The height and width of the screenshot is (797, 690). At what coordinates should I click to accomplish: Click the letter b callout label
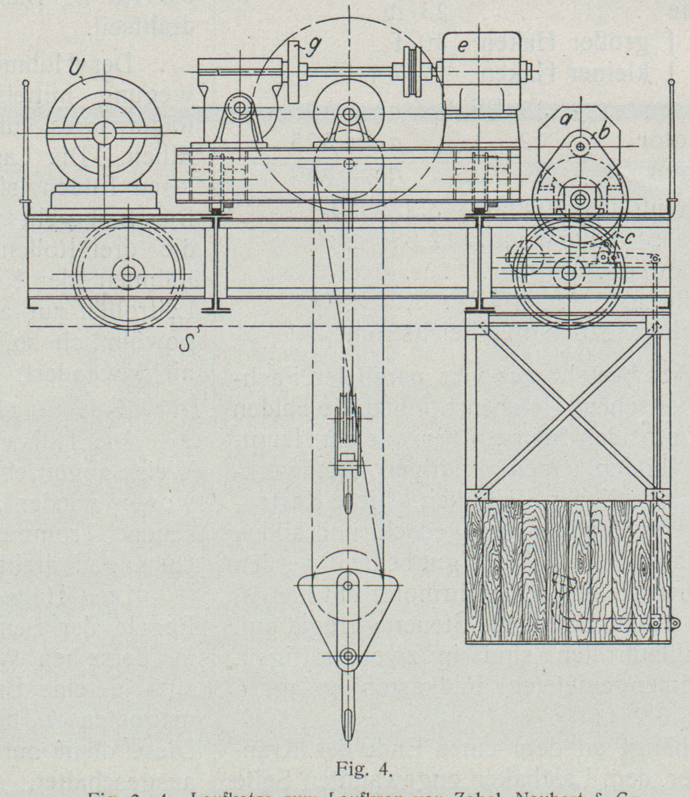(604, 133)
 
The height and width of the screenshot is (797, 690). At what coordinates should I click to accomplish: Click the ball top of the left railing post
(26, 82)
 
